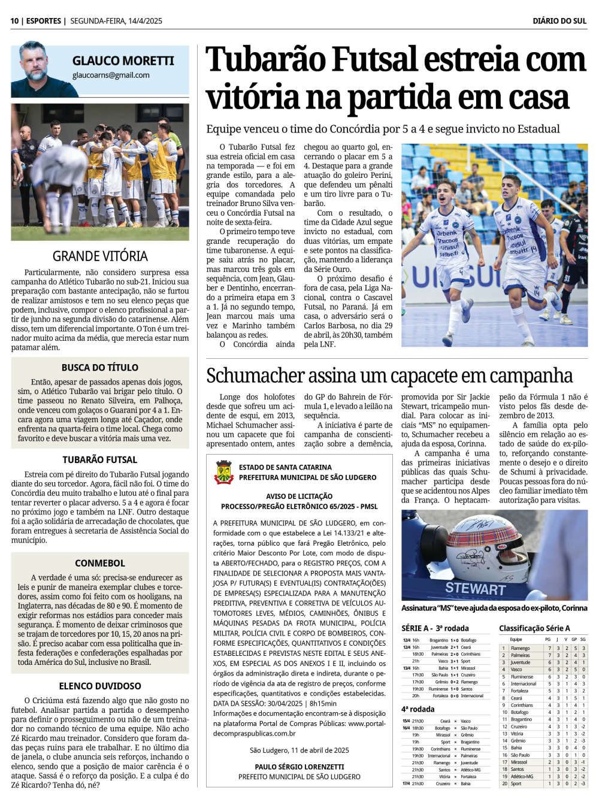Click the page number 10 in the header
click(x=14, y=21)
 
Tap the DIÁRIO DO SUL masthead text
click(x=559, y=21)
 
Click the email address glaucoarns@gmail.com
click(x=111, y=75)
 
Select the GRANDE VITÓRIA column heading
click(x=100, y=256)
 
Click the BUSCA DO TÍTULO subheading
click(x=100, y=368)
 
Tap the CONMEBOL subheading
click(x=100, y=563)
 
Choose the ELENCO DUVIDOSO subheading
click(x=100, y=686)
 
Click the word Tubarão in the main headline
click(x=266, y=61)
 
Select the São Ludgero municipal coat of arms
click(x=223, y=472)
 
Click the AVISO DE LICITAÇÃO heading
click(x=299, y=496)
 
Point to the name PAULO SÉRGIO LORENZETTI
click(x=299, y=767)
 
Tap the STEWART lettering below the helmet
click(x=476, y=589)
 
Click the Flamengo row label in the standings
click(x=520, y=648)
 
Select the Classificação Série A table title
click(x=534, y=628)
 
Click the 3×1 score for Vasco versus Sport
click(x=455, y=661)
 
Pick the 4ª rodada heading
click(x=418, y=709)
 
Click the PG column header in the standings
click(x=547, y=640)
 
